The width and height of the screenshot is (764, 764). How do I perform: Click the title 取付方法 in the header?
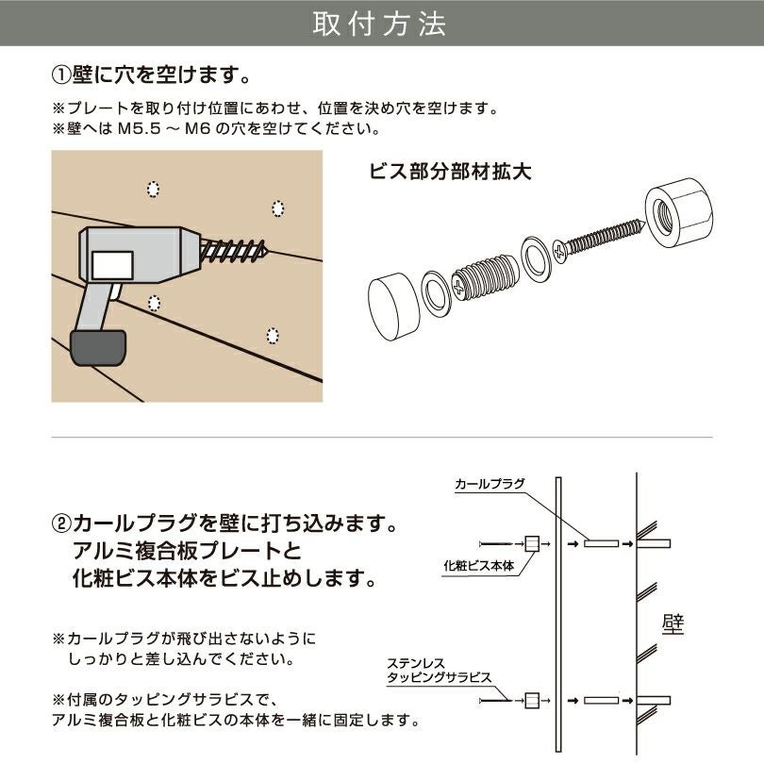pos(381,25)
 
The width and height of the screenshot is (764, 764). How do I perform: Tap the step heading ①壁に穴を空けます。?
pos(151,74)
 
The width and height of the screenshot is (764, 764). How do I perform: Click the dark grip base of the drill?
pos(98,347)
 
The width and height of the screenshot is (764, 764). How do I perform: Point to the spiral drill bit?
pos(236,251)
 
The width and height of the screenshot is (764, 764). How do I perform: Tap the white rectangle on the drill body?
pos(111,264)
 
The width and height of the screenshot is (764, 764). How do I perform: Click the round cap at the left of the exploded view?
pos(391,307)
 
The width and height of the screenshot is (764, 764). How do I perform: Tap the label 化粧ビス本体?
pos(478,566)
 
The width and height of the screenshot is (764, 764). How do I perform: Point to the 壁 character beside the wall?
pos(673,623)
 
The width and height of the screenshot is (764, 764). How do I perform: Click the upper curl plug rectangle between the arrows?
pos(600,543)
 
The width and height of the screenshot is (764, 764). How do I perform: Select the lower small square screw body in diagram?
pos(532,700)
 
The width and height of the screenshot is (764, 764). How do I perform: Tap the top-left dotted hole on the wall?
pos(153,190)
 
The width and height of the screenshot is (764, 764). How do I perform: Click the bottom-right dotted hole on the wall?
pos(273,336)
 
